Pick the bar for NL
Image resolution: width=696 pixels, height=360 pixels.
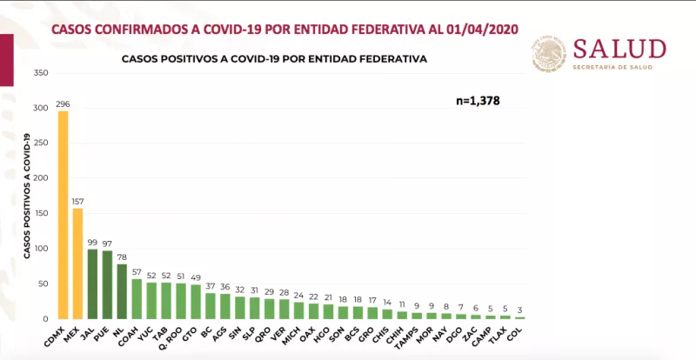121,291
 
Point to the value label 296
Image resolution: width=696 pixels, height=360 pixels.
63,103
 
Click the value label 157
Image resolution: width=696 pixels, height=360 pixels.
77,202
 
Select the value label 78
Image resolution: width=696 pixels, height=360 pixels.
121,257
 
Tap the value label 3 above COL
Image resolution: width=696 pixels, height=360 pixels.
519,310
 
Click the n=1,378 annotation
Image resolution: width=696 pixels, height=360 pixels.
478,101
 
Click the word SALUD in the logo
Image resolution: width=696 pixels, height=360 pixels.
619,49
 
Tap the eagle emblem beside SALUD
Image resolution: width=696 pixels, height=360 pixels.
549,55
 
